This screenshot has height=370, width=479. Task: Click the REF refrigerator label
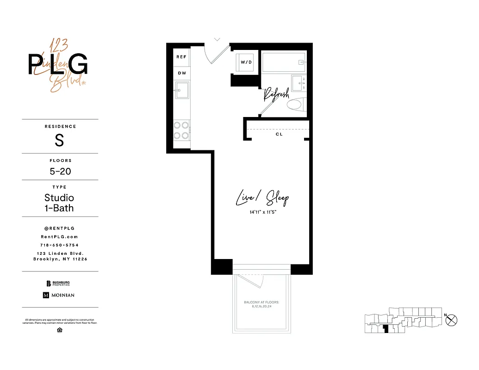pyautogui.click(x=181, y=57)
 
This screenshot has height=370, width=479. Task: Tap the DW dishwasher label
pyautogui.click(x=181, y=73)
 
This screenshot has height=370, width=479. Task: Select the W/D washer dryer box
pyautogui.click(x=246, y=62)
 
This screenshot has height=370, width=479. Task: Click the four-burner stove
pyautogui.click(x=181, y=130)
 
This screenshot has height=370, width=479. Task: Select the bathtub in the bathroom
pyautogui.click(x=284, y=62)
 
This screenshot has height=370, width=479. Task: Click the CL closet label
pyautogui.click(x=279, y=134)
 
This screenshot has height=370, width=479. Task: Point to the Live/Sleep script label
pyautogui.click(x=262, y=199)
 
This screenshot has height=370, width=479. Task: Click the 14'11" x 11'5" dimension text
pyautogui.click(x=262, y=212)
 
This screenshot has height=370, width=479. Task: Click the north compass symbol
pyautogui.click(x=452, y=320)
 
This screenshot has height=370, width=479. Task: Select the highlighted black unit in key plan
pyautogui.click(x=386, y=329)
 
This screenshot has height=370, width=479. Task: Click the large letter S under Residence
pyautogui.click(x=59, y=141)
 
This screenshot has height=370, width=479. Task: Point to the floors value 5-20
pyautogui.click(x=60, y=171)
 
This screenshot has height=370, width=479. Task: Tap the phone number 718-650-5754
pyautogui.click(x=60, y=245)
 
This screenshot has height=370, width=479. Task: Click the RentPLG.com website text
pyautogui.click(x=60, y=236)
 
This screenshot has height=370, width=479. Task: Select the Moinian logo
pyautogui.click(x=59, y=295)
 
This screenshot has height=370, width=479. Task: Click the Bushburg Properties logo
pyautogui.click(x=58, y=284)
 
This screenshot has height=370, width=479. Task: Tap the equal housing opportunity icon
pyautogui.click(x=60, y=330)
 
